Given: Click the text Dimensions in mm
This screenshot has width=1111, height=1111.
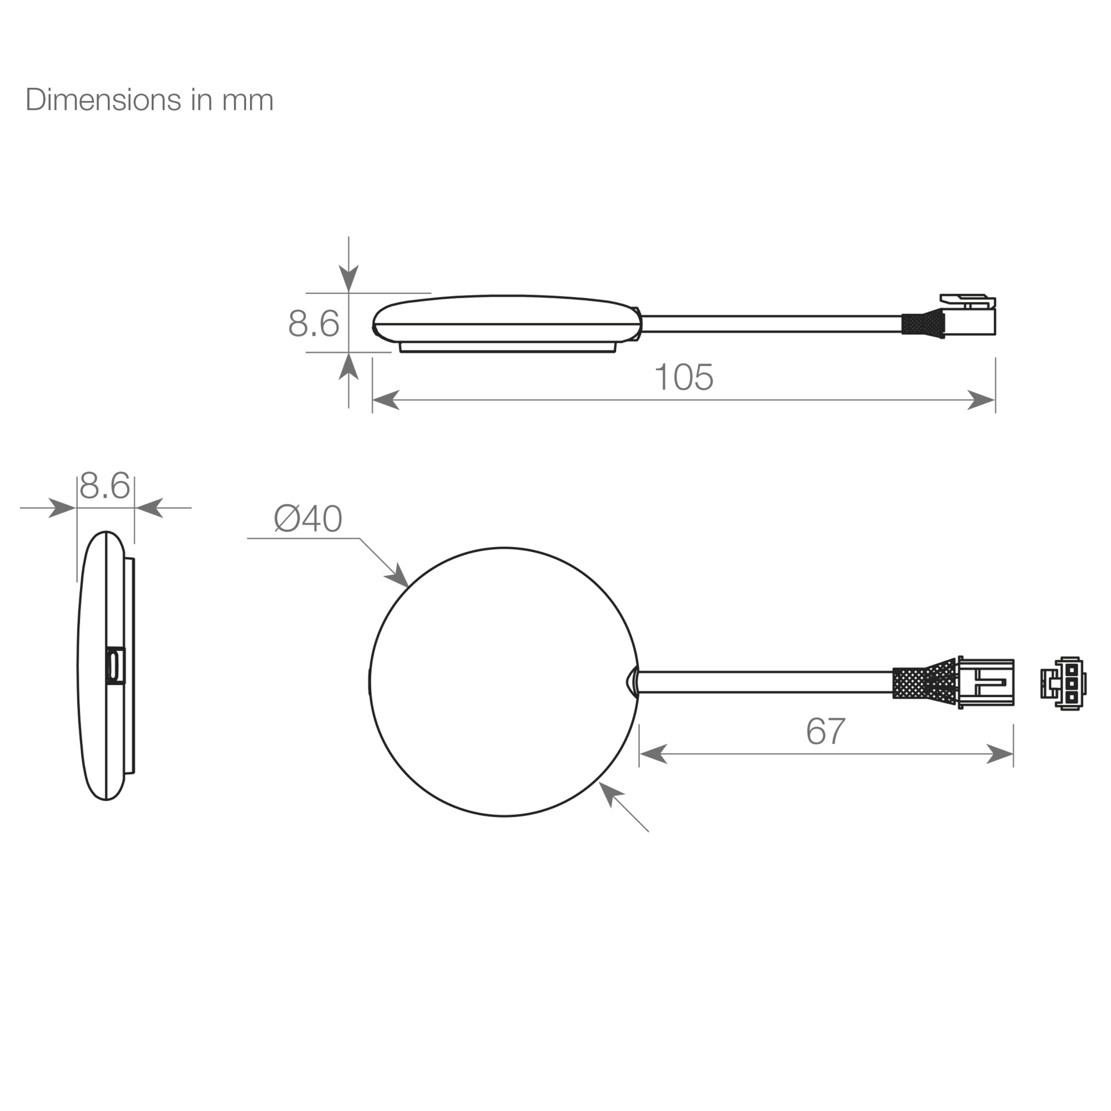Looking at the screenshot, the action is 149,100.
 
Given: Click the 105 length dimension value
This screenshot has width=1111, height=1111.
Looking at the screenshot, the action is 684,377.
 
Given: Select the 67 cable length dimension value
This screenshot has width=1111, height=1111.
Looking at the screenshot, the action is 826,731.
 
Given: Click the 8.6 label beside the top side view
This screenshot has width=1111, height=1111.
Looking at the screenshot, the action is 313,323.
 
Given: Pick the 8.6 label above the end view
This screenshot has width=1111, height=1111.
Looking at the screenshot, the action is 104,486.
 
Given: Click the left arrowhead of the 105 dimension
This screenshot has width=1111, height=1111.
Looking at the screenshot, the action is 386,399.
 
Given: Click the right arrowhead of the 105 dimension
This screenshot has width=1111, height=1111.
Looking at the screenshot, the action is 982,399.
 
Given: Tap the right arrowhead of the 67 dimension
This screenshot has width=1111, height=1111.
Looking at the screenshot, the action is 1000,754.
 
